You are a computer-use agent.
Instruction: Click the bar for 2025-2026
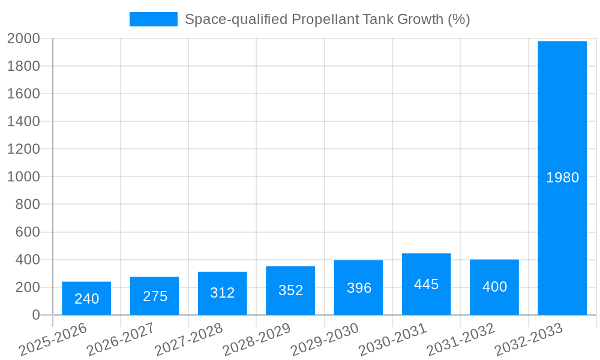[x=86, y=298]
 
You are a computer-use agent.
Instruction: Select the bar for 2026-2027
[x=154, y=296]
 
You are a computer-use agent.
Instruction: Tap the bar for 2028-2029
[x=290, y=290]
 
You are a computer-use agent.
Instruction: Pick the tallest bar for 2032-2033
[x=562, y=178]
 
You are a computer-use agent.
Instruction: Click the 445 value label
[x=427, y=284]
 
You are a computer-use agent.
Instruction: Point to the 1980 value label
[x=562, y=178]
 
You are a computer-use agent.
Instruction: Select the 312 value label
[x=223, y=293]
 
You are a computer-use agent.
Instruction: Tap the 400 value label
[x=494, y=287]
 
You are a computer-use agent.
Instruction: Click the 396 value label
[x=359, y=288]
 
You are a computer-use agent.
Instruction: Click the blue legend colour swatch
[x=154, y=19]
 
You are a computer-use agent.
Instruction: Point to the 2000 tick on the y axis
[x=23, y=38]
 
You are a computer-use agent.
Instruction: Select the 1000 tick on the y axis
[x=23, y=177]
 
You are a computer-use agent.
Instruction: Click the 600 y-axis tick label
[x=28, y=232]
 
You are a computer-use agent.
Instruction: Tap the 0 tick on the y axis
[x=36, y=315]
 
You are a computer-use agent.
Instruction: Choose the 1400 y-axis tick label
[x=23, y=122]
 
